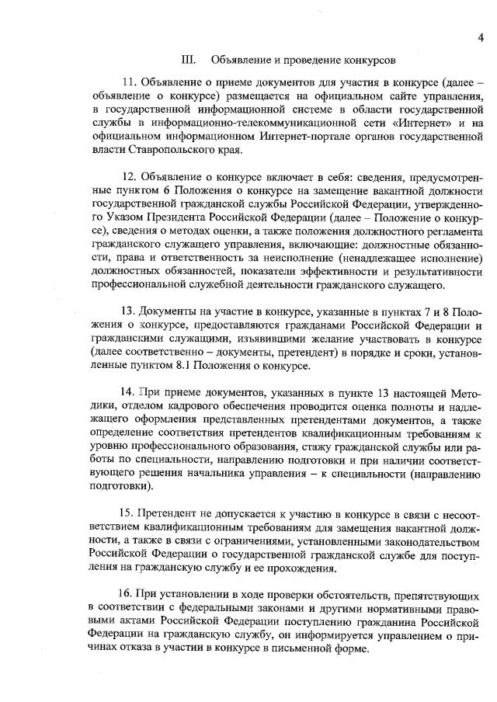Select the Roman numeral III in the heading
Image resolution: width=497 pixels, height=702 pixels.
click(x=186, y=60)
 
